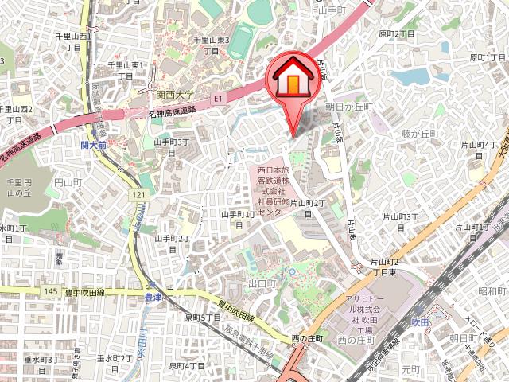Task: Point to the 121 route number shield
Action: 139,195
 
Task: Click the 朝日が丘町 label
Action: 348,106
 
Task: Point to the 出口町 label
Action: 260,283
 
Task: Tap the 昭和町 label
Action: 492,291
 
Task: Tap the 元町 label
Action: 410,370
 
